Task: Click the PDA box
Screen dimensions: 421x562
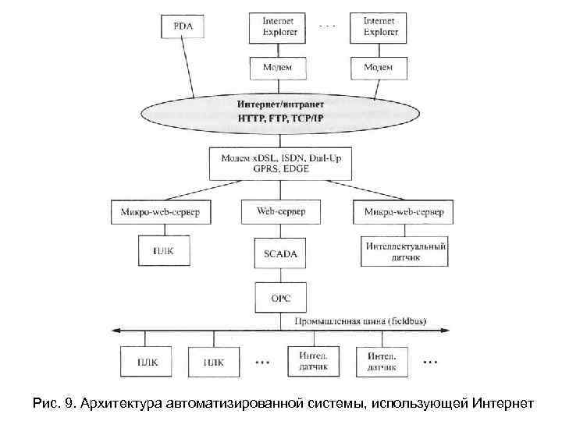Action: click(183, 27)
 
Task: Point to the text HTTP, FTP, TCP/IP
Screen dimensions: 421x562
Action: click(280, 118)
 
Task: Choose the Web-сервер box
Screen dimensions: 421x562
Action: click(281, 211)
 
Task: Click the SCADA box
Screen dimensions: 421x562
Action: click(281, 254)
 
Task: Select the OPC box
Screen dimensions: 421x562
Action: click(281, 298)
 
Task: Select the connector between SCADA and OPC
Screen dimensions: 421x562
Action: click(281, 275)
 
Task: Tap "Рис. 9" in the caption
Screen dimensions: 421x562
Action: click(50, 403)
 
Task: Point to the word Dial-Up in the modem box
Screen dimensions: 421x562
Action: click(327, 157)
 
